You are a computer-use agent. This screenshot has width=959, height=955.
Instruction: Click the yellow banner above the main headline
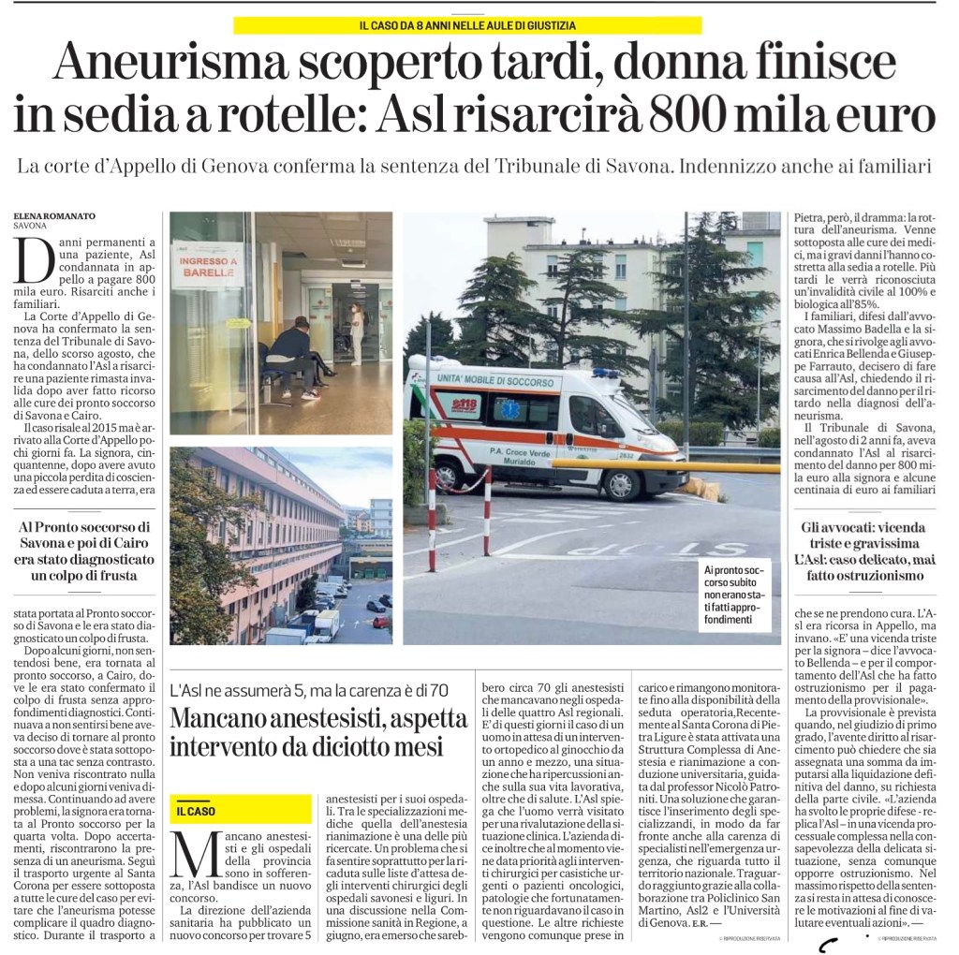[467, 25]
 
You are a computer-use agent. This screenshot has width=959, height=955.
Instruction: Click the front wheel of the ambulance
[622, 483]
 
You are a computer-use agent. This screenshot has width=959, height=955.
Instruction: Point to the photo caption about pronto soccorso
[739, 595]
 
